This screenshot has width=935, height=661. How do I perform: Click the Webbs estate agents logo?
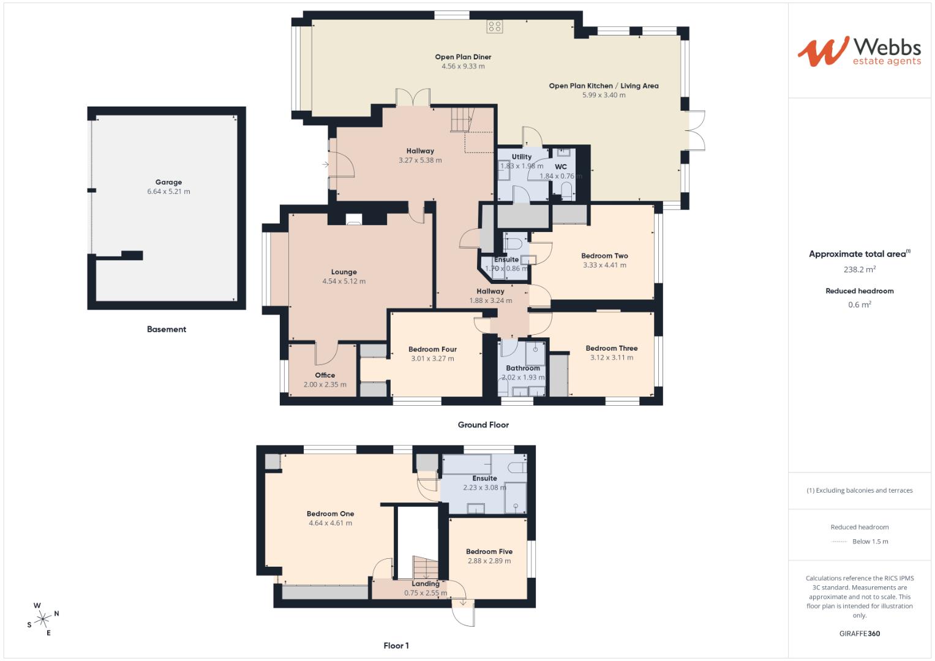859,51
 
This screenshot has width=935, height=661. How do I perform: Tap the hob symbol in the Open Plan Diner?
494,26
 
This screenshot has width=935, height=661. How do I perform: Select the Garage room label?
168,182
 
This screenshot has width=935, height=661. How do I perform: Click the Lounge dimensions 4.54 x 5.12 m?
344,282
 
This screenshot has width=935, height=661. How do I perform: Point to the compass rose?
43,619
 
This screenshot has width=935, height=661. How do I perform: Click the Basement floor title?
166,329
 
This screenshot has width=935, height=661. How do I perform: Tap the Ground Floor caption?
483,425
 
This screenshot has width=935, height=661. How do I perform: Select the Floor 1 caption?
396,646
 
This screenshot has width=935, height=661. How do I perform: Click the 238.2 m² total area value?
859,269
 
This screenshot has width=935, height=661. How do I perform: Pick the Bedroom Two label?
604,256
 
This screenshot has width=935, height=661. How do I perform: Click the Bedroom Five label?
489,551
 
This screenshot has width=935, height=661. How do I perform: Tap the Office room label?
325,375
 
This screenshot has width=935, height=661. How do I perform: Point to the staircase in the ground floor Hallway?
462,119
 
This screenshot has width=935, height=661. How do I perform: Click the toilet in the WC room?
566,189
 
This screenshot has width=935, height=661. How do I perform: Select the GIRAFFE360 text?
859,633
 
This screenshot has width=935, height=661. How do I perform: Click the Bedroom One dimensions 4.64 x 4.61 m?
330,523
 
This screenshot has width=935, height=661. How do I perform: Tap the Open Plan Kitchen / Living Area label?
603,86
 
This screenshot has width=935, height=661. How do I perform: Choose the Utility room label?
522,157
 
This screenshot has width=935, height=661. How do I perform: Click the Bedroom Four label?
432,349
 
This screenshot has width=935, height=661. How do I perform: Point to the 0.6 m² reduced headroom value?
859,305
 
